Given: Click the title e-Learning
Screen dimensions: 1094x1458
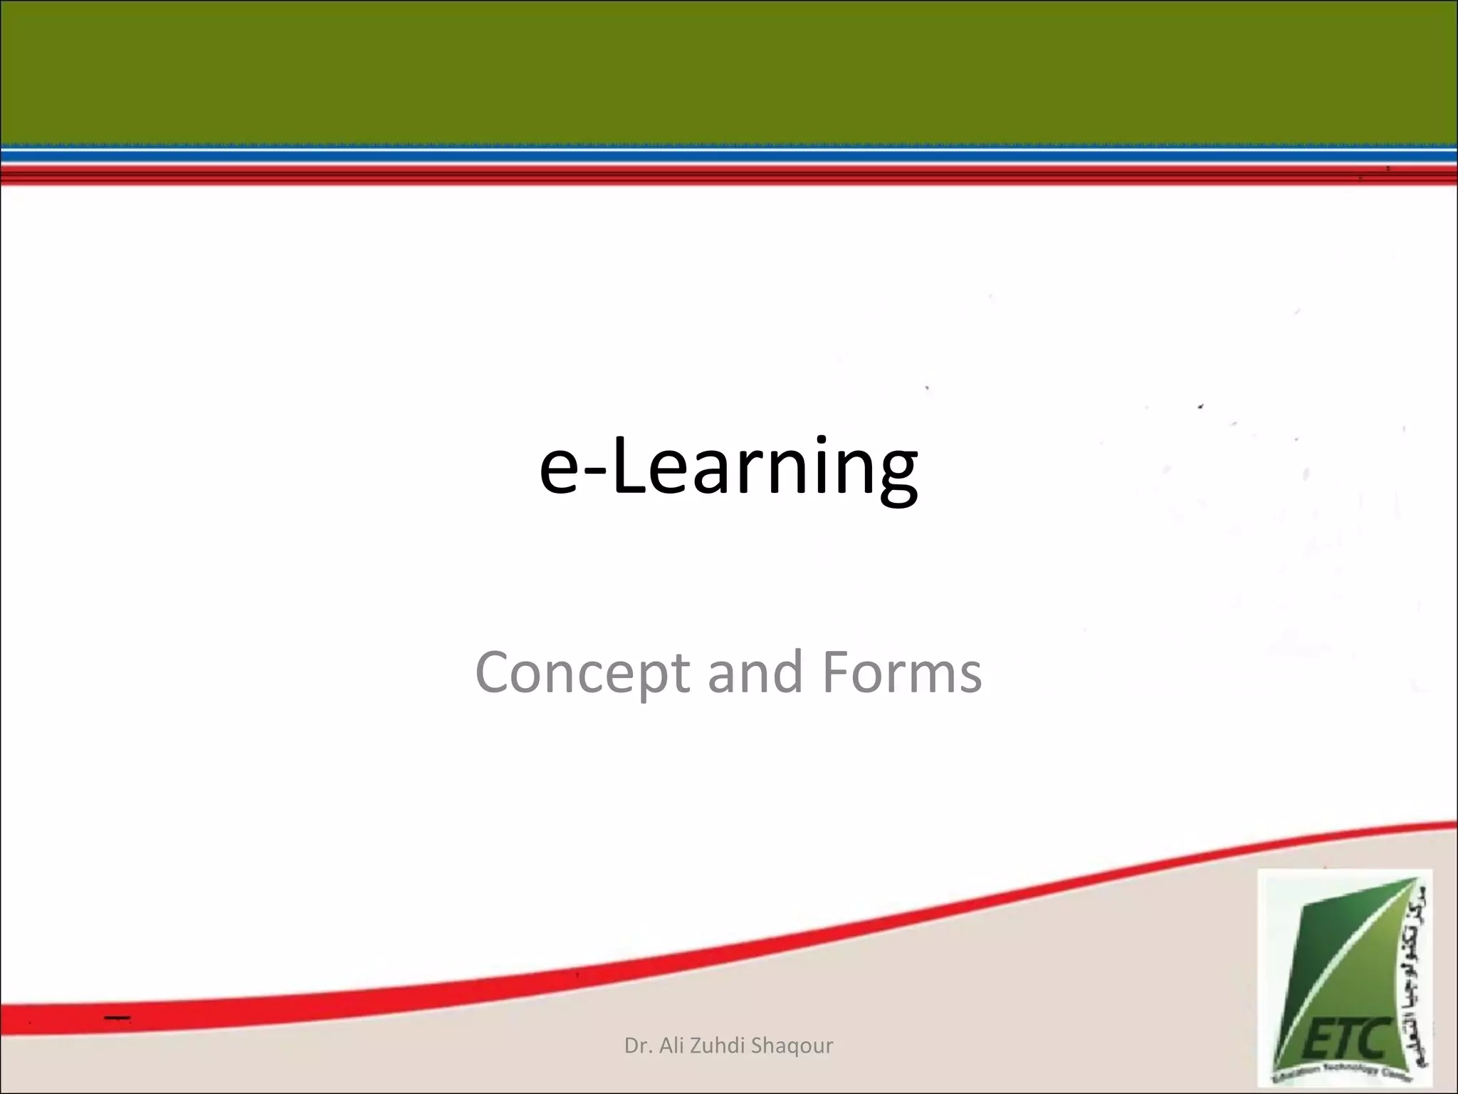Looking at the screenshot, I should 728,467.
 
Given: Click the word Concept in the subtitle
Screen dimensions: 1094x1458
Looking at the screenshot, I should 582,673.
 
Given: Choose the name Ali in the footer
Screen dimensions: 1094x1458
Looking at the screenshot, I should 674,1046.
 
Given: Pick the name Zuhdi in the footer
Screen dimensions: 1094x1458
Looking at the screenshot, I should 719,1046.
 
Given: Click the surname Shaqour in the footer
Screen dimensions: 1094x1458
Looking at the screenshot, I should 792,1046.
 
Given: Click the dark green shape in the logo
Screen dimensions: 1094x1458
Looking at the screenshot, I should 1317,962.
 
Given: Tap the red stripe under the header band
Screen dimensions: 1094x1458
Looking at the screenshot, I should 729,174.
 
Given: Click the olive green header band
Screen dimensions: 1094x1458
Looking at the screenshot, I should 729,71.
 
